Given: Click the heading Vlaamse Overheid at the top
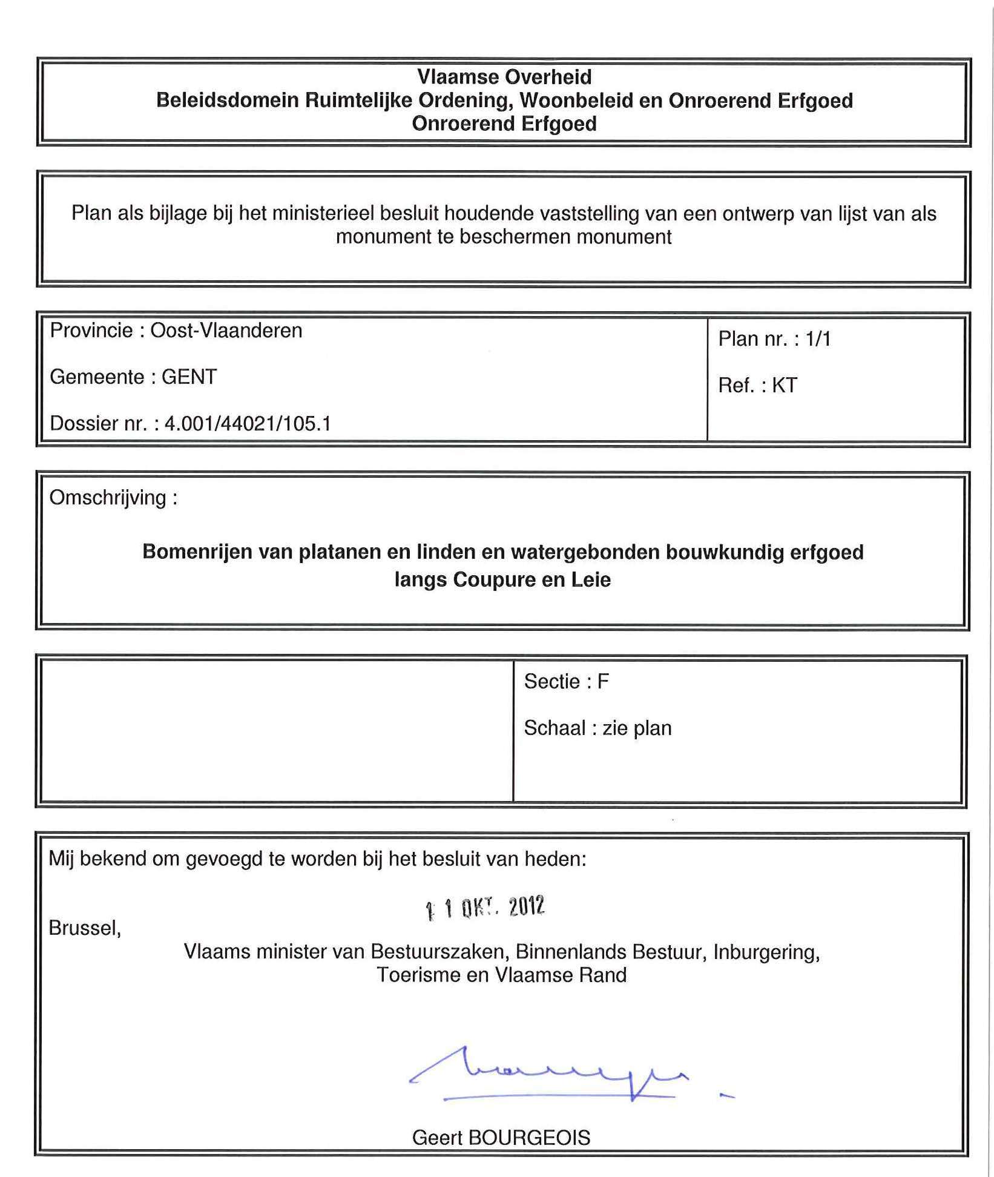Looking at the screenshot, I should tap(504, 77).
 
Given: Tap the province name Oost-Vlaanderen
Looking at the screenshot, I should tap(226, 331).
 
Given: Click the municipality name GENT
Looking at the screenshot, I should tap(189, 377).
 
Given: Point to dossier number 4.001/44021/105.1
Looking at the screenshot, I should tap(248, 423).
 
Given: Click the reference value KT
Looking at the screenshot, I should tap(785, 385).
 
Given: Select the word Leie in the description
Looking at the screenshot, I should tap(591, 580).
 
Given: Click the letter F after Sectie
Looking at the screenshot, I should tap(603, 682).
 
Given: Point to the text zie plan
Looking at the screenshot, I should tap(637, 728).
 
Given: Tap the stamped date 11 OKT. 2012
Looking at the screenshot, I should tap(485, 908).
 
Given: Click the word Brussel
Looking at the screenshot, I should tap(85, 928).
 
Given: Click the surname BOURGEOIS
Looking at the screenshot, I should tap(528, 1138).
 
